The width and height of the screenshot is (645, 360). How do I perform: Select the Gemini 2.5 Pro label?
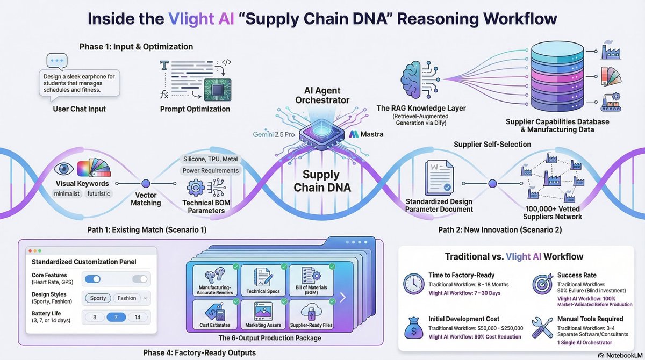[x=274, y=134]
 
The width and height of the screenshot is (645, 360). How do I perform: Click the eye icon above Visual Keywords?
[x=63, y=169]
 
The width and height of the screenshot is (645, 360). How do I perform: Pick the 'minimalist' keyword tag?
[x=67, y=193]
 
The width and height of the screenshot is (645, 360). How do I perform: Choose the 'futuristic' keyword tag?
[x=98, y=193]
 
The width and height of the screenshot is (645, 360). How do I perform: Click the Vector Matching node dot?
[x=146, y=183]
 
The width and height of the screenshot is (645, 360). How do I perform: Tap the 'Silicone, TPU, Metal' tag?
[x=211, y=159]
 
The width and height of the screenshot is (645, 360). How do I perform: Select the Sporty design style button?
[x=98, y=298]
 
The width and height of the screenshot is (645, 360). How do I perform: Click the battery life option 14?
[x=138, y=317]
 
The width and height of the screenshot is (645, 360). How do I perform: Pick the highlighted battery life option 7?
[x=116, y=317]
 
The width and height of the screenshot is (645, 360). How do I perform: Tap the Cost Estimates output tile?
[x=215, y=314]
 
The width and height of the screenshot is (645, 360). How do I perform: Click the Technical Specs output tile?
[x=263, y=280]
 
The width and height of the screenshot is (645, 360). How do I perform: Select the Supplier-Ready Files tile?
[x=311, y=314]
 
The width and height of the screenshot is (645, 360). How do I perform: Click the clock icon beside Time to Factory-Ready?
[x=413, y=284]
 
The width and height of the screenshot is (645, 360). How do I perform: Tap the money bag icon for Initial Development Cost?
[x=413, y=328]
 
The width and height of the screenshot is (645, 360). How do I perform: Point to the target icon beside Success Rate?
[x=542, y=284]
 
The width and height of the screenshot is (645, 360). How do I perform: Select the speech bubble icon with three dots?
[x=57, y=62]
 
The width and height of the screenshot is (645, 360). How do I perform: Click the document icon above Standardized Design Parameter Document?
[x=439, y=177]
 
